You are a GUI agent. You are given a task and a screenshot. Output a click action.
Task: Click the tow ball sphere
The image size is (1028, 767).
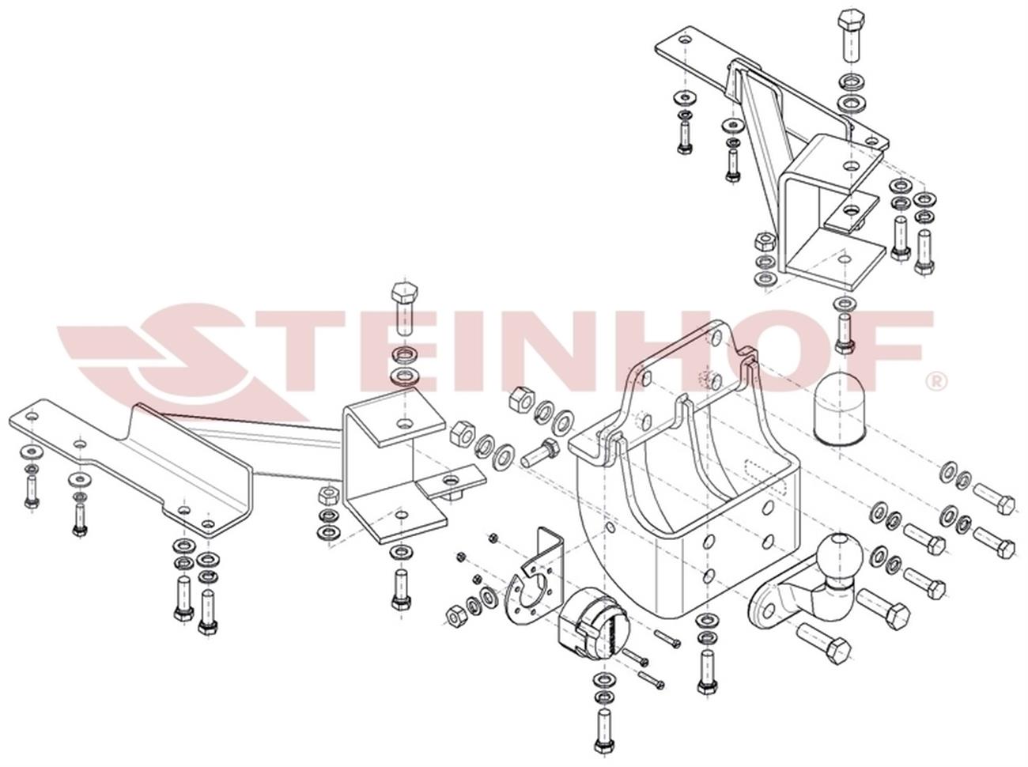(838, 555)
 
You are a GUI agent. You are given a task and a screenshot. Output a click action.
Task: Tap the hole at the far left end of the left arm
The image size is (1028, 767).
(32, 416)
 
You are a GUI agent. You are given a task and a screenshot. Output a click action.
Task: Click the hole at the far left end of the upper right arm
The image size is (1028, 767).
(685, 40)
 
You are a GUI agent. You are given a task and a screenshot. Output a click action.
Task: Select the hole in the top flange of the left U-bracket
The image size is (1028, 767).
(403, 424)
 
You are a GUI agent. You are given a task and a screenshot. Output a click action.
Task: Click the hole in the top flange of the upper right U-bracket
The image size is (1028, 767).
(849, 165)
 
